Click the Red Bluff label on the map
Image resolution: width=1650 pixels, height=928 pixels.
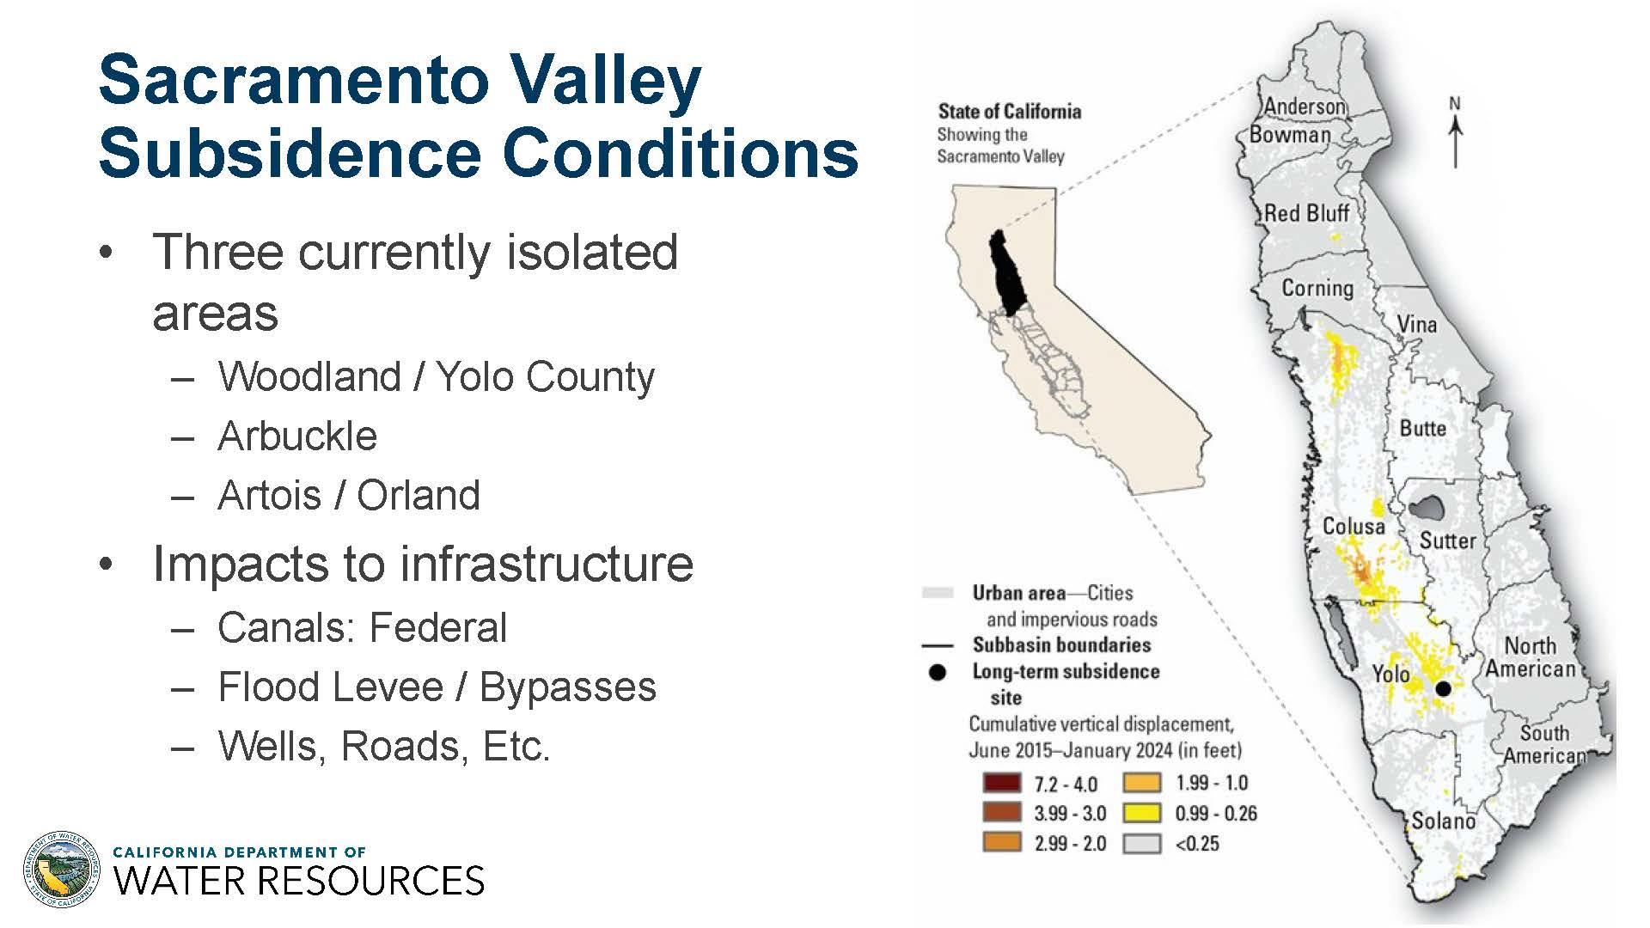1306,213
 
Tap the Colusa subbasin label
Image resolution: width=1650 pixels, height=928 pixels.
1354,526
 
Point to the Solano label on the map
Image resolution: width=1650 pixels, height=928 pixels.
1443,821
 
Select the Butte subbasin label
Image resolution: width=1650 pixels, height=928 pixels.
1423,428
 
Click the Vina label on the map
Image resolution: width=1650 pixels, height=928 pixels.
1416,324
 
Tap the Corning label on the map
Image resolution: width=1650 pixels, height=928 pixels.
1317,288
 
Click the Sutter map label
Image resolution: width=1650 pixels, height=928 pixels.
1447,540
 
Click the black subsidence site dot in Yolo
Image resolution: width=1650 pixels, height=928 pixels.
1444,688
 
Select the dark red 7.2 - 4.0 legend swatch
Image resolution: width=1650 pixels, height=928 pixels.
1002,783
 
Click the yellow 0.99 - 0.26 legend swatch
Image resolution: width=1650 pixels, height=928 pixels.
1142,813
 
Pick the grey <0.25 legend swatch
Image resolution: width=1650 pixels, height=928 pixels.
1142,843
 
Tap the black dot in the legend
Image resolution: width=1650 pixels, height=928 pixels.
938,672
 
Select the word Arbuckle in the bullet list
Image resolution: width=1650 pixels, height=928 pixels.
297,436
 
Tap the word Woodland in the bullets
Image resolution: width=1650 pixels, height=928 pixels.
310,376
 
